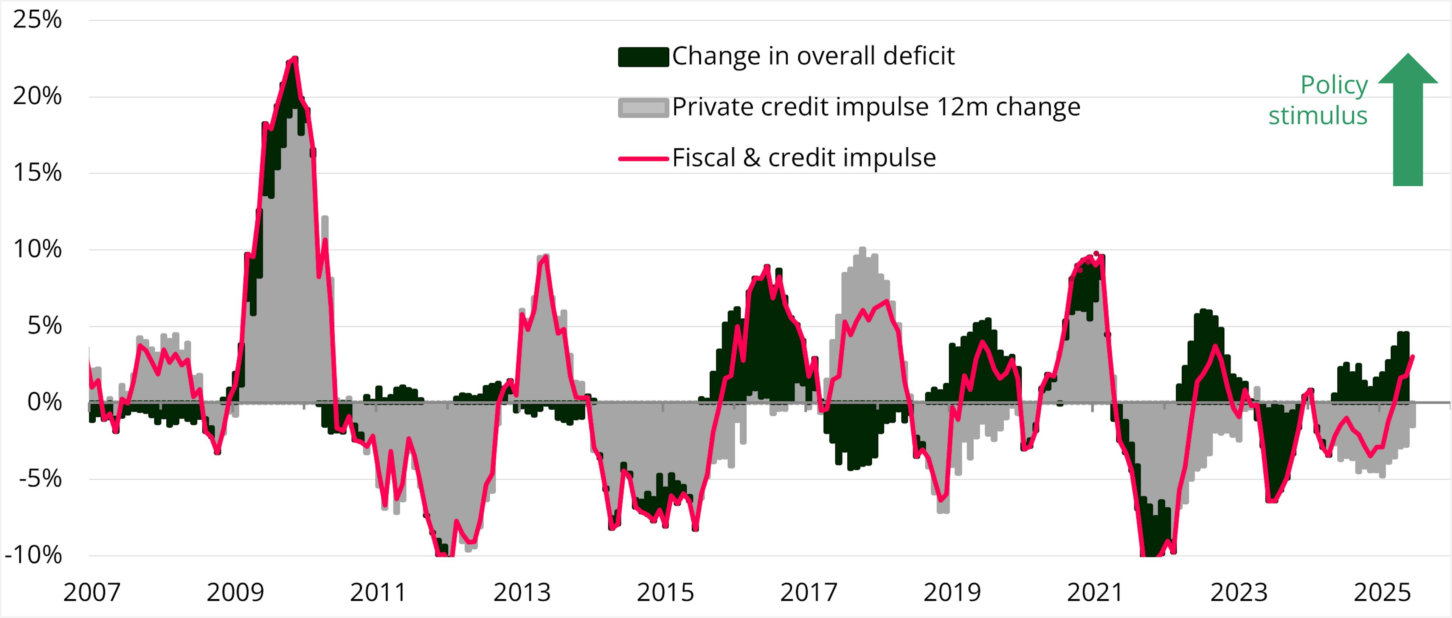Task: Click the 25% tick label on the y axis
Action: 37,20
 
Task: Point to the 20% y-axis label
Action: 37,96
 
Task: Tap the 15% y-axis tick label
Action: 37,173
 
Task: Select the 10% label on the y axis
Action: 37,250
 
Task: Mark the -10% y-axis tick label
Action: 34,555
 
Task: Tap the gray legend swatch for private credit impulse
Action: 643,107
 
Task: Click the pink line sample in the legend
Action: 643,158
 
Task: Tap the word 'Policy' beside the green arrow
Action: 1334,86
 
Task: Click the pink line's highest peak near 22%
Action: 294,59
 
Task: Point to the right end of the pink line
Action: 1413,356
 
